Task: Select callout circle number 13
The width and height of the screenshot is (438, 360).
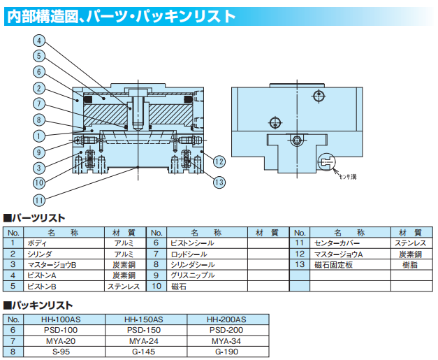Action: pos(219,183)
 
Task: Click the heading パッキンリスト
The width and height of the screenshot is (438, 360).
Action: pos(41,305)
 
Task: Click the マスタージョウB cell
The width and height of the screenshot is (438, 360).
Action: pos(50,264)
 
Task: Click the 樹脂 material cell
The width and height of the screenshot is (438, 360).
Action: pos(409,264)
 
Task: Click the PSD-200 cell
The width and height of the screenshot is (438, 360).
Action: pos(227,330)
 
